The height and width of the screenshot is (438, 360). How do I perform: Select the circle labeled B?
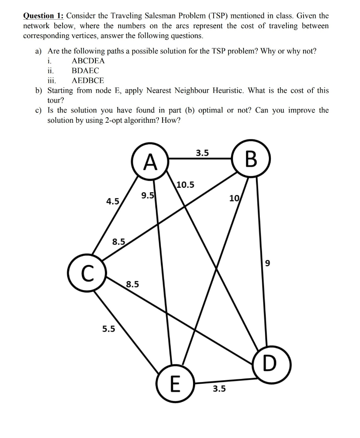point(252,159)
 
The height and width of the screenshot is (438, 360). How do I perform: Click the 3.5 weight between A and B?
point(202,153)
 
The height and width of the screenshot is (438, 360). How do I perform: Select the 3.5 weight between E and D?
point(220,389)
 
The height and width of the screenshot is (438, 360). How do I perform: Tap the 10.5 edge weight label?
point(185,185)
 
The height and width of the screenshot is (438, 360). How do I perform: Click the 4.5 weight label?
point(113,201)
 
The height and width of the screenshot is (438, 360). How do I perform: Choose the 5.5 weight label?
point(108,329)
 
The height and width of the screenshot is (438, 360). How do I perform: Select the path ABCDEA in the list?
point(88,61)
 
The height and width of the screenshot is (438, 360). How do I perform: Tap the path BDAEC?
point(85,71)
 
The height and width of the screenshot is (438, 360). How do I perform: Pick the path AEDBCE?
point(88,80)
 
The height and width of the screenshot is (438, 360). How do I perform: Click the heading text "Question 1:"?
point(43,16)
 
